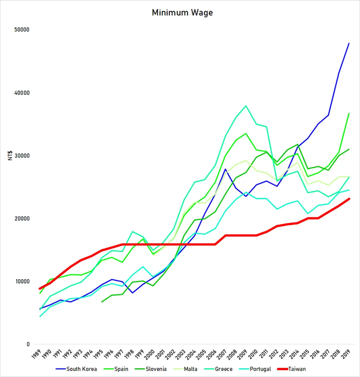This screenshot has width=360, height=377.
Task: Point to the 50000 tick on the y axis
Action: click(x=21, y=30)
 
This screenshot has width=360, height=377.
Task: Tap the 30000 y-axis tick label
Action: click(x=21, y=156)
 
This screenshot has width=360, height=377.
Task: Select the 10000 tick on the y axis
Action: click(x=21, y=281)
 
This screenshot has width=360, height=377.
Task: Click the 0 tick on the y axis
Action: click(x=27, y=344)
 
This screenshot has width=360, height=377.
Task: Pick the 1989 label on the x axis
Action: click(x=37, y=355)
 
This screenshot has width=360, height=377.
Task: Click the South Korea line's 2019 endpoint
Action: click(x=349, y=43)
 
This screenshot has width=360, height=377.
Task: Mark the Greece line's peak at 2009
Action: click(x=246, y=106)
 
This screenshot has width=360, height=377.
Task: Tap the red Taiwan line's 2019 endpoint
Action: click(x=349, y=198)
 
